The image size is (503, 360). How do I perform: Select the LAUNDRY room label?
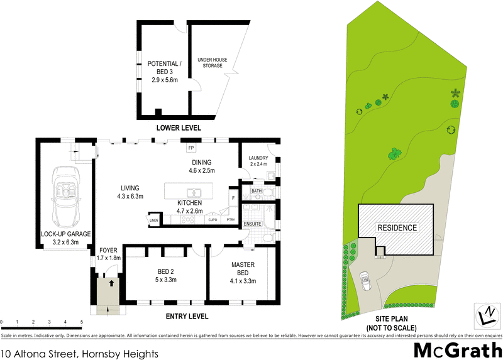point(258,158)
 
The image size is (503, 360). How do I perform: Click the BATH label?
point(256,190)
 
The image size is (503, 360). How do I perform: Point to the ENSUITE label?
point(252,223)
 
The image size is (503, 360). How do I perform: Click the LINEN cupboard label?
point(154,220)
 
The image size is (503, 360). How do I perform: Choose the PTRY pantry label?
point(231,220)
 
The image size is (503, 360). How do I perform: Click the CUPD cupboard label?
point(213,220)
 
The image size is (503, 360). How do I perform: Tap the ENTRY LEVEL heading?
point(186,316)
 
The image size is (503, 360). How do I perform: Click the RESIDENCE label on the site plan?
point(397,227)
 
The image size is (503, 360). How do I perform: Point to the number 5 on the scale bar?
point(82,322)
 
